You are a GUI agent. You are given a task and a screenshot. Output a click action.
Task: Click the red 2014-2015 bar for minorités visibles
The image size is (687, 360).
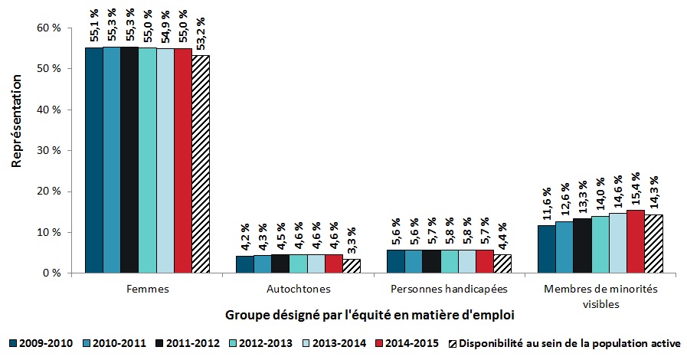coord(636,241)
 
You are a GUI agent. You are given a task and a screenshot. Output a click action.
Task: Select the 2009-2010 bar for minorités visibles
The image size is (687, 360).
coord(547,249)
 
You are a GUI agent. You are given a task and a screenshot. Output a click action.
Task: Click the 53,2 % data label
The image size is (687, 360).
coord(201,34)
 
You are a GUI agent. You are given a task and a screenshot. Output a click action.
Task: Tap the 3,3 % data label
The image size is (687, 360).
coord(352,241)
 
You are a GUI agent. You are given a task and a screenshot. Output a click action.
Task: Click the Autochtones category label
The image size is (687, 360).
coord(298,290)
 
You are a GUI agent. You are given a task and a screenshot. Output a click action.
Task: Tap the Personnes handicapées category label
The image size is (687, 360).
coord(449,290)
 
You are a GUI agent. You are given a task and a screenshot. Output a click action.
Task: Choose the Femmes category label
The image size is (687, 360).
coord(146,290)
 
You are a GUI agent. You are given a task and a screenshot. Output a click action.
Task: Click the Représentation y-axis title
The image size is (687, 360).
coord(16,130)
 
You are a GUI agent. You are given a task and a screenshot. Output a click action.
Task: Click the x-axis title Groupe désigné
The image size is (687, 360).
coord(369,315)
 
